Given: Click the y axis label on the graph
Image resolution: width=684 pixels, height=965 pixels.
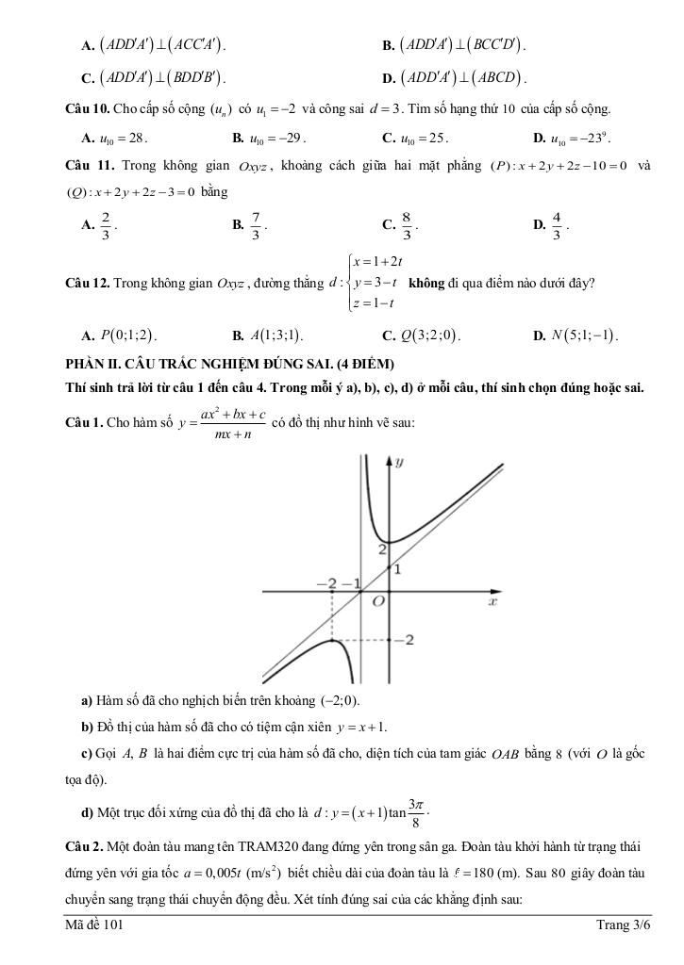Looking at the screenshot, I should click(400, 462).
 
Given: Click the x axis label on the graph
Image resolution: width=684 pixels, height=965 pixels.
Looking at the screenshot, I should click(492, 601).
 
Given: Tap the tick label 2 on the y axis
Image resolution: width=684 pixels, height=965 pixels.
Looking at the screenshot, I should click(382, 548).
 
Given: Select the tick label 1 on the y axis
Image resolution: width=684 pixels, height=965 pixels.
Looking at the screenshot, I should click(397, 569).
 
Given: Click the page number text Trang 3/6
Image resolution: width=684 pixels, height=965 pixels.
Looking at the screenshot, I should click(624, 925).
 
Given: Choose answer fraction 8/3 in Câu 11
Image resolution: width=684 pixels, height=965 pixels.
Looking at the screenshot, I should click(406, 225).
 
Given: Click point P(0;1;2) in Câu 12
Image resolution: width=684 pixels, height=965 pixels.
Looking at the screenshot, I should click(128, 335).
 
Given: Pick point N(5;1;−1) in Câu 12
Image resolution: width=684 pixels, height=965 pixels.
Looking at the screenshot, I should click(584, 335).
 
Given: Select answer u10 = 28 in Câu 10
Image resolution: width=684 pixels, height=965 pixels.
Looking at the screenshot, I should click(124, 139).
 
